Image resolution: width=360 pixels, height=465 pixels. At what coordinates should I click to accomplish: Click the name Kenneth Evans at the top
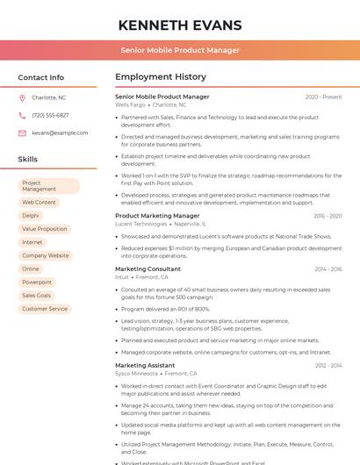click(x=180, y=25)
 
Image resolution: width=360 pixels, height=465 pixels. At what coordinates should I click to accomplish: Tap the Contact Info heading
click(x=41, y=77)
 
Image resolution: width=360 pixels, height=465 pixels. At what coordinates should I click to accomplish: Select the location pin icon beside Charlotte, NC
click(x=22, y=97)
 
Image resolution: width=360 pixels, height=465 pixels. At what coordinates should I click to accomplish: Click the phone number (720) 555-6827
click(x=50, y=115)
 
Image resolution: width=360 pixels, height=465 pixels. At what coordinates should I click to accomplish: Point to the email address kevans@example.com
click(x=60, y=132)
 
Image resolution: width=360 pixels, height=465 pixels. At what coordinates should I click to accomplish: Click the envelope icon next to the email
click(x=22, y=132)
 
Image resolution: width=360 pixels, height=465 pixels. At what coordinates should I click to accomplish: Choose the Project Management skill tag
click(x=49, y=186)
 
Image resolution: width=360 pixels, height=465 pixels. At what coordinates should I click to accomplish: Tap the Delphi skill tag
click(x=31, y=215)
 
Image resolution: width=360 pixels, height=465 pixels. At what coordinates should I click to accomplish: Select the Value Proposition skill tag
click(x=45, y=229)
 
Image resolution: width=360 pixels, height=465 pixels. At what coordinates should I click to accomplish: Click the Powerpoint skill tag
click(x=37, y=283)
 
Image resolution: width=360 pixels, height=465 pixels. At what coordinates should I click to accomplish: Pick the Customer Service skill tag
click(x=45, y=309)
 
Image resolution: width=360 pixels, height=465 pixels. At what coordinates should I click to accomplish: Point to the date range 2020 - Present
click(x=323, y=97)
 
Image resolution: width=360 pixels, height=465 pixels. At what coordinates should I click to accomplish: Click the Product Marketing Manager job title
click(x=157, y=215)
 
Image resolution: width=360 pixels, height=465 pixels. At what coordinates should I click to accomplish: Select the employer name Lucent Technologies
click(x=140, y=224)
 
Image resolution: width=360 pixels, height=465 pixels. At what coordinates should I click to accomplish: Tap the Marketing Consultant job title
click(x=148, y=268)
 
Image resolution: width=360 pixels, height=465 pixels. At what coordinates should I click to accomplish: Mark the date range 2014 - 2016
click(x=328, y=268)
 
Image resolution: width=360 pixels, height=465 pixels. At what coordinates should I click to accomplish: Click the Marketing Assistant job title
click(x=145, y=365)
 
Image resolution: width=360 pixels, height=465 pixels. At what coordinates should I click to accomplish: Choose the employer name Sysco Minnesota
click(x=136, y=374)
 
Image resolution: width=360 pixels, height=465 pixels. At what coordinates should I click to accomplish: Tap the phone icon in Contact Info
click(x=22, y=115)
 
